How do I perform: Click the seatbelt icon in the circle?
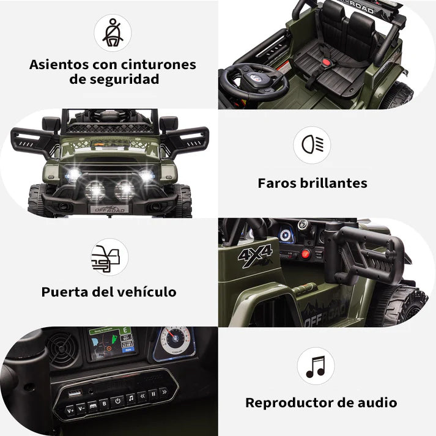tap(113, 32)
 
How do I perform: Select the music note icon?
tap(316, 366)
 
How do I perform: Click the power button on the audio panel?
tap(117, 401)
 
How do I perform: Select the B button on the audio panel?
tap(104, 403)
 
